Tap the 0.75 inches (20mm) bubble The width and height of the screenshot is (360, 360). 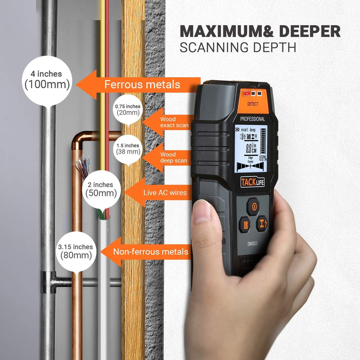click(128, 109)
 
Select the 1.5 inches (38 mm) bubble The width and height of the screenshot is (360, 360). click(128, 149)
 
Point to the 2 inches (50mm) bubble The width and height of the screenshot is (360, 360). click(101, 189)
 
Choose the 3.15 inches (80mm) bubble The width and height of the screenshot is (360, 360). click(76, 251)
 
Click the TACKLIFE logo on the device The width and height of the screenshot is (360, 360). click(253, 182)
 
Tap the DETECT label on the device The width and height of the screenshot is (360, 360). click(252, 104)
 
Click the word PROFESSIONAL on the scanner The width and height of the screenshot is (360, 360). click(252, 119)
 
